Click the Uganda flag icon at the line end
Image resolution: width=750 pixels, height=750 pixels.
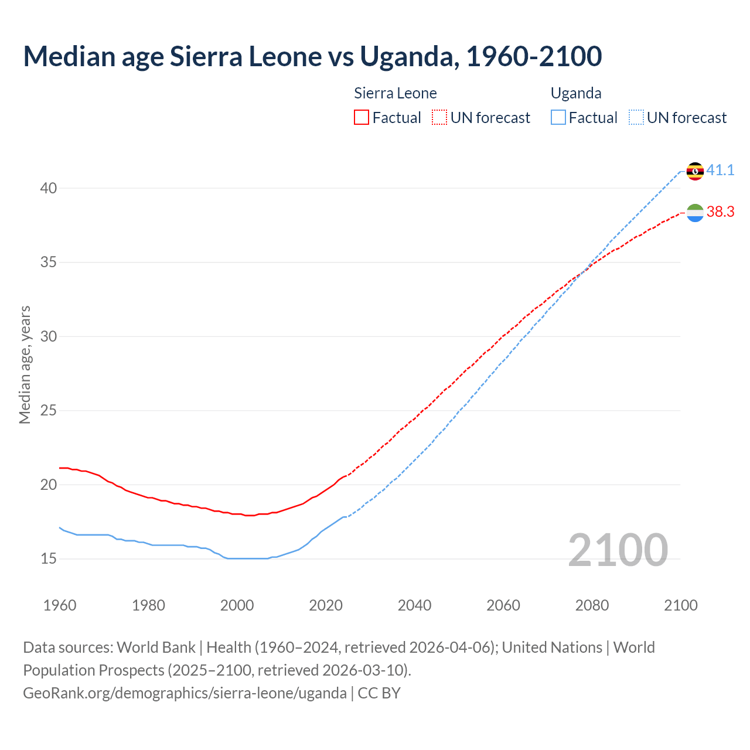pos(695,171)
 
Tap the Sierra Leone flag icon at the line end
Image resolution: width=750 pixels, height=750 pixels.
pos(695,213)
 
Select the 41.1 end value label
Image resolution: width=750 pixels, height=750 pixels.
pos(720,171)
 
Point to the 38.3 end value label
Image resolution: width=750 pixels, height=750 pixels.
pos(720,212)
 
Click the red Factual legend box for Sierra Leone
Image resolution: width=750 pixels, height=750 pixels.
pos(362,118)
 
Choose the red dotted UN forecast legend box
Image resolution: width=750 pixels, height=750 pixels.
pos(439,118)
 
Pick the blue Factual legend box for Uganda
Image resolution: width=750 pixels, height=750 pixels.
pos(558,118)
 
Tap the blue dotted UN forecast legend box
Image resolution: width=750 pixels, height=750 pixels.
pos(636,118)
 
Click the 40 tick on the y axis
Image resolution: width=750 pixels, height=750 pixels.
pos(49,188)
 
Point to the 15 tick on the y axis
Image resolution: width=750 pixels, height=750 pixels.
pos(49,559)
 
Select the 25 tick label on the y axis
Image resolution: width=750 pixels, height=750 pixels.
pos(49,411)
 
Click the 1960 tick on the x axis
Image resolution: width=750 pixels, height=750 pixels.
pos(60,605)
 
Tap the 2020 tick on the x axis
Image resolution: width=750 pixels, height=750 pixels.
pos(326,605)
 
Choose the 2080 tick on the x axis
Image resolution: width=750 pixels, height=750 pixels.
pos(592,605)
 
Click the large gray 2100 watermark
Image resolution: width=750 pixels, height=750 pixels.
pos(618,550)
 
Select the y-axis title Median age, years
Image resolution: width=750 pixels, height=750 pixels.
pos(25,364)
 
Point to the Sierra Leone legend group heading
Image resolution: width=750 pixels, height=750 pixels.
pos(396,93)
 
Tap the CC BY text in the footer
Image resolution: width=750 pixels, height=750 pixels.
pos(379,693)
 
